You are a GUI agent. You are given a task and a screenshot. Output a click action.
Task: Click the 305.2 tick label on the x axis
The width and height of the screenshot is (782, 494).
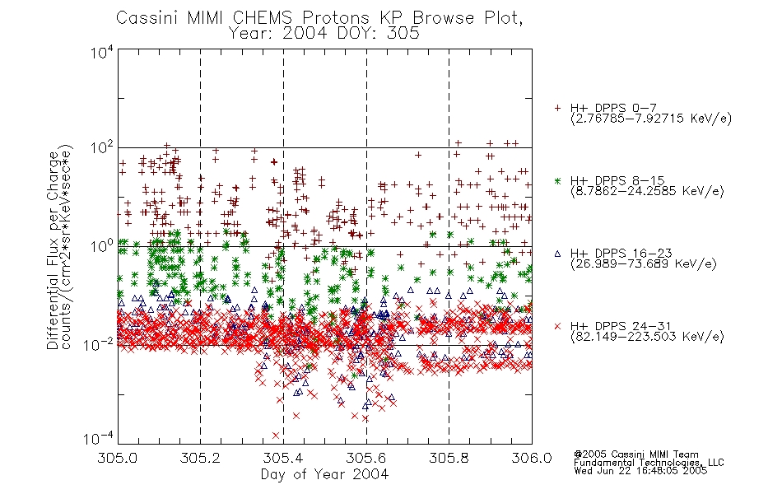pyautogui.click(x=201, y=458)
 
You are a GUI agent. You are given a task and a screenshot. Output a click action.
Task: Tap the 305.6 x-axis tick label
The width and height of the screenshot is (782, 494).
pyautogui.click(x=366, y=458)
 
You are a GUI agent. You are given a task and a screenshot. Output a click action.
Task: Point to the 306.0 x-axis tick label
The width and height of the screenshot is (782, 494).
pyautogui.click(x=532, y=458)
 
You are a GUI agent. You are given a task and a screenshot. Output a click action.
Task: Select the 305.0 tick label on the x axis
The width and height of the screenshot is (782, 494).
pyautogui.click(x=118, y=458)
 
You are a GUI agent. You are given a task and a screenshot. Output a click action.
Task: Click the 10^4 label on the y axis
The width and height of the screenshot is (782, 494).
pyautogui.click(x=102, y=52)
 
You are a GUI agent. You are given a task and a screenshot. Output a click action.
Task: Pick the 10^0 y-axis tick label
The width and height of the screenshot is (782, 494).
pyautogui.click(x=102, y=246)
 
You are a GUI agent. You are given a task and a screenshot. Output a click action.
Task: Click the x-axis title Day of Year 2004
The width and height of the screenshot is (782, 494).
pyautogui.click(x=324, y=474)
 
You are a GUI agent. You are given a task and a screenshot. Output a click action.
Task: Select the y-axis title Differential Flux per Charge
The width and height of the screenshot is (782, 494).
pyautogui.click(x=54, y=250)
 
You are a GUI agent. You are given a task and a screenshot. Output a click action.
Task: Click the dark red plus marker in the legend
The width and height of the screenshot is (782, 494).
pyautogui.click(x=557, y=108)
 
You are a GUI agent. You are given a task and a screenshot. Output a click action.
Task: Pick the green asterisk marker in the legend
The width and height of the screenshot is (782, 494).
pyautogui.click(x=557, y=180)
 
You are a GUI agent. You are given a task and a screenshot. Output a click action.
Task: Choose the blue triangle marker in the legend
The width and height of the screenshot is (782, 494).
pyautogui.click(x=557, y=254)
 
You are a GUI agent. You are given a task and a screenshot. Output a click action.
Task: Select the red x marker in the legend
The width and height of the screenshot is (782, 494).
pyautogui.click(x=557, y=326)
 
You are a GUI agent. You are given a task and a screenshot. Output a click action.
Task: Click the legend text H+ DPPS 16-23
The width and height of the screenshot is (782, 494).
pyautogui.click(x=621, y=254)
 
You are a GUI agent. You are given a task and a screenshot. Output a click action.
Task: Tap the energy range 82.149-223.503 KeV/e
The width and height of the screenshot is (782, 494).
pyautogui.click(x=647, y=337)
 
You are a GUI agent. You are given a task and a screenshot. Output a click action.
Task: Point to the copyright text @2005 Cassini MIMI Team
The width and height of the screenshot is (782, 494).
pyautogui.click(x=636, y=454)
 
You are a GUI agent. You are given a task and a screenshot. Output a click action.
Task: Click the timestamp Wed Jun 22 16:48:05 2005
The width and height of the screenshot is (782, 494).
pyautogui.click(x=640, y=471)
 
